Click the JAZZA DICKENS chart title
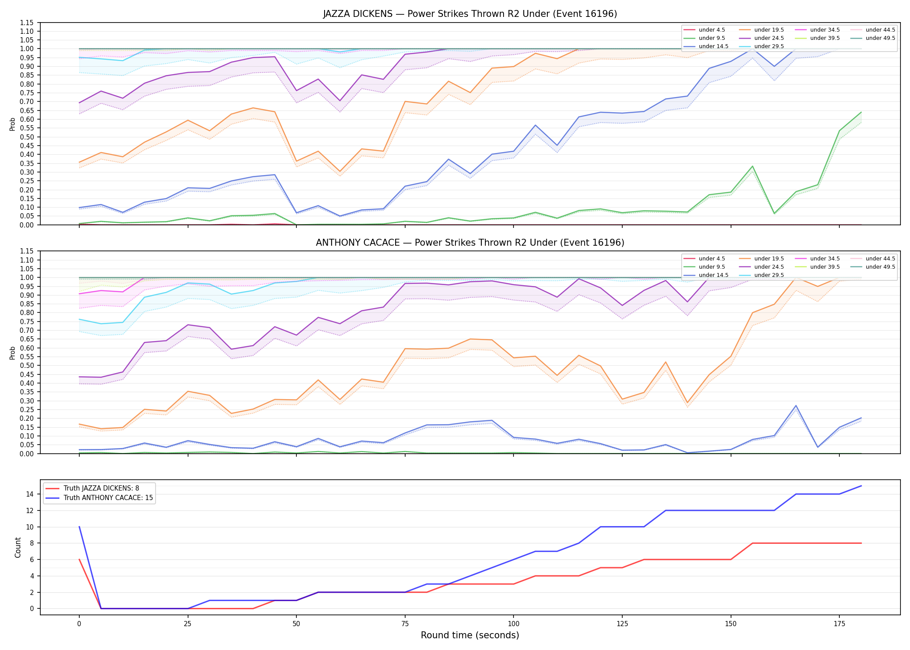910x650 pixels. point(470,14)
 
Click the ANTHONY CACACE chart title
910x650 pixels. point(470,243)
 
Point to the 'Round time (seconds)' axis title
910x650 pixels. point(470,635)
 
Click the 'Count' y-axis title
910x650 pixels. point(18,547)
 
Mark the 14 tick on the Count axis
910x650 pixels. point(30,494)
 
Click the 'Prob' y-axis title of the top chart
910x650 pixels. point(13,124)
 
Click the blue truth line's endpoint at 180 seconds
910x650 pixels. point(861,486)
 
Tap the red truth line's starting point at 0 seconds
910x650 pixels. point(79,559)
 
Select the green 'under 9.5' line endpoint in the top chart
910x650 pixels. point(861,112)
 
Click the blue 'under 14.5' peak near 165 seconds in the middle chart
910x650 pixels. point(796,406)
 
